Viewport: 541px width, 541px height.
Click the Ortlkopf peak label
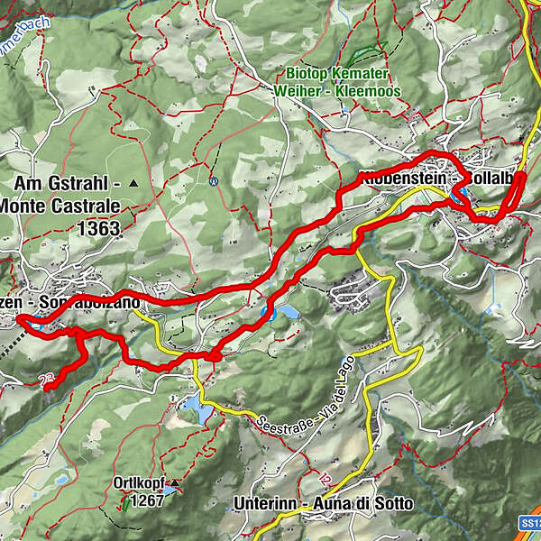[x=136, y=482]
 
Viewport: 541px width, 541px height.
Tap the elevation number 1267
[x=147, y=500]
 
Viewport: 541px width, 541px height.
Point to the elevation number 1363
[x=98, y=229]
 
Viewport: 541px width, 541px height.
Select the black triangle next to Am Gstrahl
[x=134, y=183]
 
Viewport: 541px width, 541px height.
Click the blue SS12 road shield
[x=530, y=523]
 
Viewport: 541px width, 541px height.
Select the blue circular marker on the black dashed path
[x=213, y=180]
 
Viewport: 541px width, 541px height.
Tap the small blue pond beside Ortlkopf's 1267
[x=170, y=495]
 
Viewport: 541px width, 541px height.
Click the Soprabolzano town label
[x=95, y=303]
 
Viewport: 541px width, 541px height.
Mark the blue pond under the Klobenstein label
[x=459, y=193]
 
